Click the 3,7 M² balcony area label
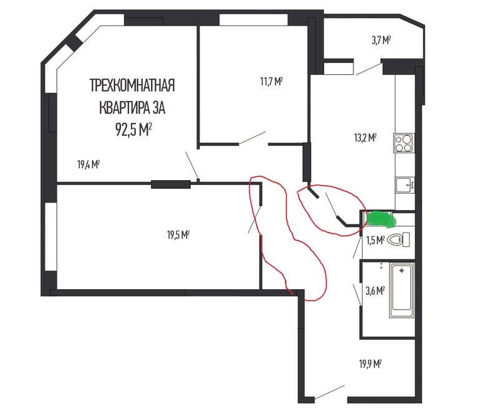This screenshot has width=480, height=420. tap(381, 40)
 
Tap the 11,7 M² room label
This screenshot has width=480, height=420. tap(271, 82)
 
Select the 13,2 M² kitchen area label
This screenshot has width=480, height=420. tap(365, 138)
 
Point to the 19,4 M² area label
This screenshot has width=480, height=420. tap(89, 165)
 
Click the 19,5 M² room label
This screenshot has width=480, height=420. tap(178, 235)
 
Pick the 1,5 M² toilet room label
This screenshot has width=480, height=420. tap(375, 241)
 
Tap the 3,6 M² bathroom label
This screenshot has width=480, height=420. tap(375, 290)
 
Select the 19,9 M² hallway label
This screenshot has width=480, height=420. tap(370, 364)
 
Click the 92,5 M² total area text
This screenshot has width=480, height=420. tap(133, 130)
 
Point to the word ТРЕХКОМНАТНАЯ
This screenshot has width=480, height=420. tap(132, 85)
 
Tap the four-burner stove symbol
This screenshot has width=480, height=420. tap(404, 143)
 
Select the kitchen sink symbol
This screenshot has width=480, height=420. tap(405, 185)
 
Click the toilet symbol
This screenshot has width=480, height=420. tap(398, 239)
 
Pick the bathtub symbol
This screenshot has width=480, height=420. tap(401, 290)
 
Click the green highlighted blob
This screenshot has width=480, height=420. tap(380, 219)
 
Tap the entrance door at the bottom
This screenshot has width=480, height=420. tap(330, 392)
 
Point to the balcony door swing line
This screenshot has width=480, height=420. tap(369, 69)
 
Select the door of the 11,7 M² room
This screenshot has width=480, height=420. tap(252, 138)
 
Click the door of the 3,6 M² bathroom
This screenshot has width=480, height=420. tap(357, 294)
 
